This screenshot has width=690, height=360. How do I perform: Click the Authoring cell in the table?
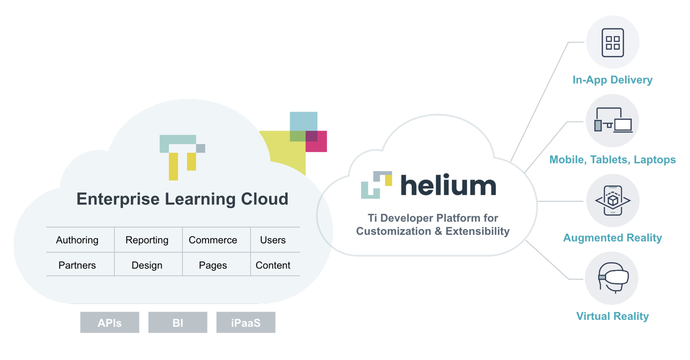(x=77, y=240)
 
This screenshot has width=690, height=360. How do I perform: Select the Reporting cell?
(x=147, y=240)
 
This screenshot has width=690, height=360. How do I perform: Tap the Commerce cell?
(x=213, y=240)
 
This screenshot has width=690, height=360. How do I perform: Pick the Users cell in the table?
(x=273, y=240)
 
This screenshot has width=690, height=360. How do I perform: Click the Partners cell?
(x=77, y=265)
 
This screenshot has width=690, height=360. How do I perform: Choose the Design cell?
(x=147, y=265)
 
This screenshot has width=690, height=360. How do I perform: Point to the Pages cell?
(x=213, y=265)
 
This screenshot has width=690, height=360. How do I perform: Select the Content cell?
(x=273, y=265)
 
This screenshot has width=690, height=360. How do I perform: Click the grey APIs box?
(x=110, y=322)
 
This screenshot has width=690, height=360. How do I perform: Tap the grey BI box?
(x=178, y=322)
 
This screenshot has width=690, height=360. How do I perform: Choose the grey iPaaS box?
(x=246, y=322)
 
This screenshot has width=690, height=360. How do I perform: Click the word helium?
(x=448, y=185)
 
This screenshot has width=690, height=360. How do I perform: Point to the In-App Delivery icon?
(x=612, y=42)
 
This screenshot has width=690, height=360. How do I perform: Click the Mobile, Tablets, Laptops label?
(x=612, y=159)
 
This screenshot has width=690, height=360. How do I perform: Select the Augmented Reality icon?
(x=612, y=200)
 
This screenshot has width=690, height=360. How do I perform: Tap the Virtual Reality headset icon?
(x=612, y=278)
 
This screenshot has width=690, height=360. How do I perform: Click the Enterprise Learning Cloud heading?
(x=182, y=199)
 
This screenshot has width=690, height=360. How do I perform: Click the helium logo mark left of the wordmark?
(x=376, y=185)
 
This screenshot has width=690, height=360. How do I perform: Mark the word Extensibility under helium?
(x=477, y=231)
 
